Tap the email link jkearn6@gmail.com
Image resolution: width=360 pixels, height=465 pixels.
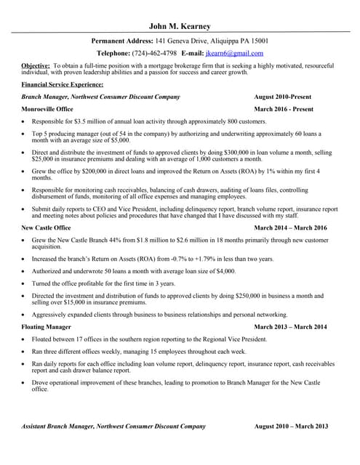click(234, 53)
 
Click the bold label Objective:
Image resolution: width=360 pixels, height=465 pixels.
click(36, 65)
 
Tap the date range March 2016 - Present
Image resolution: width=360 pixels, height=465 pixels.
click(284, 109)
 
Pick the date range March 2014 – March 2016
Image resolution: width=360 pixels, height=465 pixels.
click(291, 227)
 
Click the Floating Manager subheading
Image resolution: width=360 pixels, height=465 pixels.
click(47, 327)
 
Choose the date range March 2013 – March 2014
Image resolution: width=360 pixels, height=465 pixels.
click(291, 327)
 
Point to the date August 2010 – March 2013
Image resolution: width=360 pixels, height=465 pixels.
click(292, 426)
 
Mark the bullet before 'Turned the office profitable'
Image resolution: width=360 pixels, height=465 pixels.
click(25, 283)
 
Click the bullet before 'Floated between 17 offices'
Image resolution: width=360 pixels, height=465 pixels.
click(25, 339)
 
